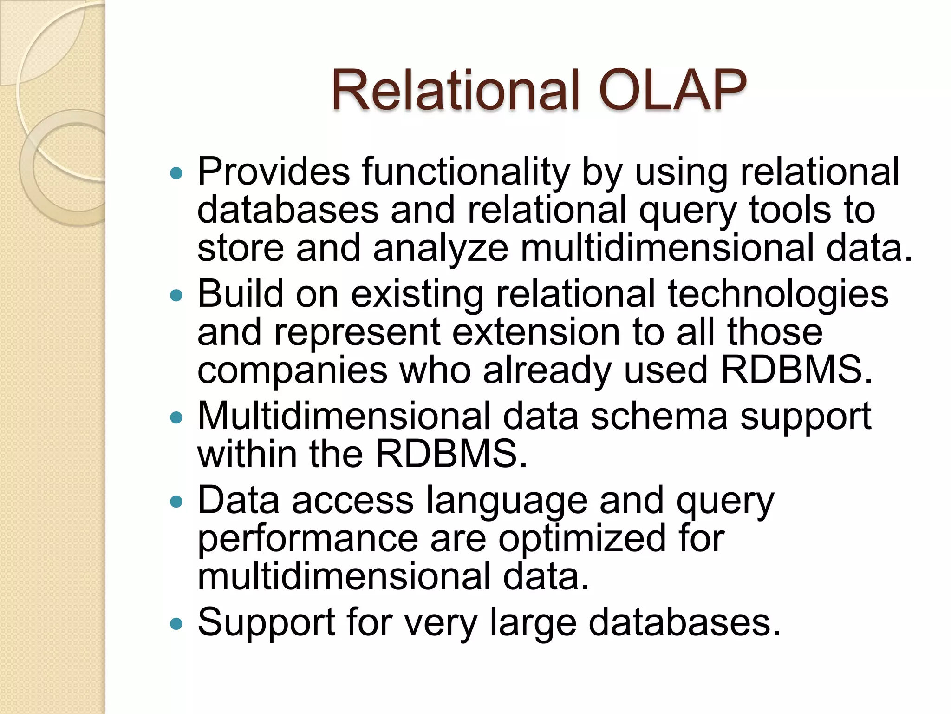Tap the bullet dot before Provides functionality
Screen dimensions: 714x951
[176, 173]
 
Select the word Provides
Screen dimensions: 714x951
[274, 172]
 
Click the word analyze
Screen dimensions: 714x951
[440, 249]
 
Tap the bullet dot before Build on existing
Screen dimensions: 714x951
[176, 295]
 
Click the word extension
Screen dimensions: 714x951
[536, 332]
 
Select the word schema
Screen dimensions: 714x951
[659, 416]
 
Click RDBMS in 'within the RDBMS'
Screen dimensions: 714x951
[450, 454]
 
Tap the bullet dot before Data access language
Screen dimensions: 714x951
[176, 502]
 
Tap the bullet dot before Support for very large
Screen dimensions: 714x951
[176, 623]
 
